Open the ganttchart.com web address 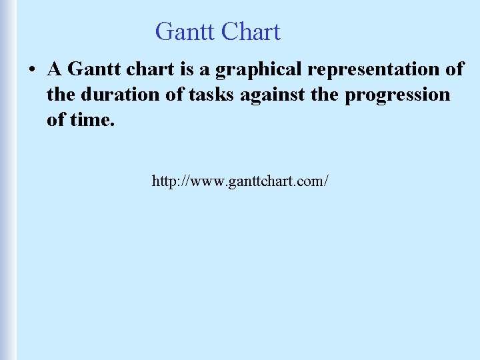click(240, 181)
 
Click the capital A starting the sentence click(54, 69)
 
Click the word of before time click(55, 120)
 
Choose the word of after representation click(454, 69)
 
